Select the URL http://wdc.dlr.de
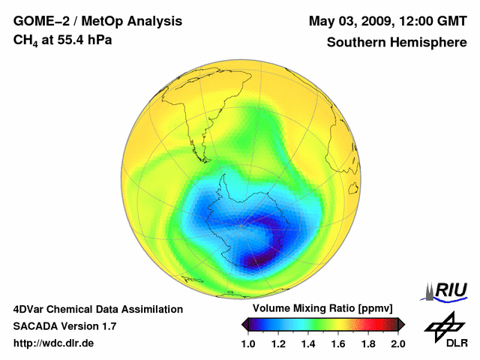54,343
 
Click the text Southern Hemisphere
396,42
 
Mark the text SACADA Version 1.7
64,326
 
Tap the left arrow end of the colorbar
245,324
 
